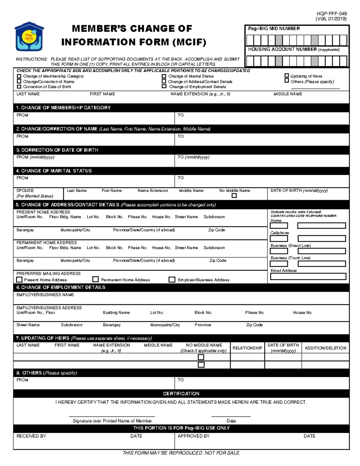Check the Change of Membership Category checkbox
[19, 76]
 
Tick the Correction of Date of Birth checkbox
[19, 87]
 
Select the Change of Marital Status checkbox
[164, 76]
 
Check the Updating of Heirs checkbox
[286, 76]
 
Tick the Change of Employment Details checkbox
[164, 86]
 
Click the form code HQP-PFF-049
[332, 14]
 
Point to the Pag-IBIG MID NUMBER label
[274, 29]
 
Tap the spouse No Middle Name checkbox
[234, 196]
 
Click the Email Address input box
[308, 276]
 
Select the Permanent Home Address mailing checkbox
[95, 279]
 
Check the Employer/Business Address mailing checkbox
[172, 280]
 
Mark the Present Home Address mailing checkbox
[19, 280]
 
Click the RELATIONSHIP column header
[247, 348]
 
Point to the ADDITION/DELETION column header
[325, 348]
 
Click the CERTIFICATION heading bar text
[181, 394]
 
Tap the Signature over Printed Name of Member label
[112, 421]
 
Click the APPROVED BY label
[193, 436]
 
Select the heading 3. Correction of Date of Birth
[57, 150]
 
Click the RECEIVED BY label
[31, 436]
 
